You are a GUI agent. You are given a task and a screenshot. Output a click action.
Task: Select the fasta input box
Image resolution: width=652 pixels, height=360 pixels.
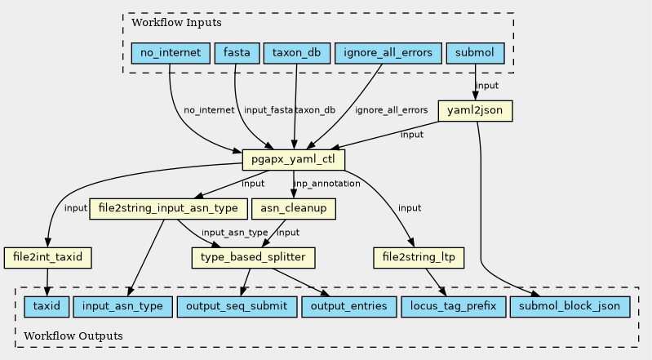236,54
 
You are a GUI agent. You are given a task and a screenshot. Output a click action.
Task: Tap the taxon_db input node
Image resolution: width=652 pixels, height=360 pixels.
296,54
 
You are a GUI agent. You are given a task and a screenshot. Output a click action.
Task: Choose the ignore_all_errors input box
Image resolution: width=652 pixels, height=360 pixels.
388,54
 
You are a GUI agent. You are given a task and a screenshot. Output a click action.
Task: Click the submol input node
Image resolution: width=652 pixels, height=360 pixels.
475,54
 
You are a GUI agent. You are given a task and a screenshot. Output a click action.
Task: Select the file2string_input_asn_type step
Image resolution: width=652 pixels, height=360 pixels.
167,208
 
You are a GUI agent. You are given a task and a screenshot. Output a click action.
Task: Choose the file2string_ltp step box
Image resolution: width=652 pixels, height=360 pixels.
419,258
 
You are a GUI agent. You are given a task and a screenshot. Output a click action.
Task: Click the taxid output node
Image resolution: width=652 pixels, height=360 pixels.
46,307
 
